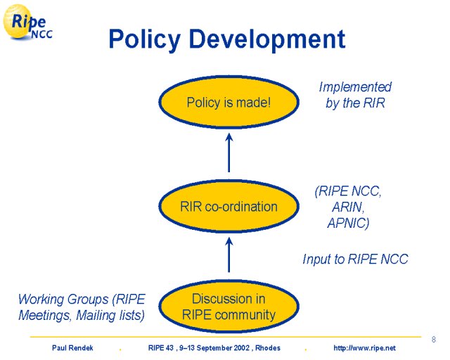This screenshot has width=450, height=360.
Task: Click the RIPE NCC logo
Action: tap(28, 22)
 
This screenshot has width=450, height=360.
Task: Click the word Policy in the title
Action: tap(145, 39)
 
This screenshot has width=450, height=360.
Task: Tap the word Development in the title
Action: tap(267, 39)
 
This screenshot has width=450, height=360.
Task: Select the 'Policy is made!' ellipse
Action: tap(229, 102)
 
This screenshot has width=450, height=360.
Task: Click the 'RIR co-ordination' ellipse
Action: tap(229, 206)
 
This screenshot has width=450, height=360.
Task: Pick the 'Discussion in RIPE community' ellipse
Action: tap(229, 307)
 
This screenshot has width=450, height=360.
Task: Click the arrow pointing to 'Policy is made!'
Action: tap(229, 153)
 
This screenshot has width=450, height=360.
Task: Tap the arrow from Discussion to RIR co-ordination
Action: tap(229, 255)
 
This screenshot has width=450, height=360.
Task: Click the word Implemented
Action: tap(355, 86)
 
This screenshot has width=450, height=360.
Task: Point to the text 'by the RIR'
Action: tap(355, 103)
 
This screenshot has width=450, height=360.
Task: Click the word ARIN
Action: tap(348, 207)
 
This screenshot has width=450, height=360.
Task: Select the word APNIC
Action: tap(348, 223)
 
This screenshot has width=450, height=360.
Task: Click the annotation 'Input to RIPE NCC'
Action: tap(355, 259)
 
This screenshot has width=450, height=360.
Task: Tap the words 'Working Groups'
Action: tap(63, 299)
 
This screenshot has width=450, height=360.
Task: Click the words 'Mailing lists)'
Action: tap(110, 315)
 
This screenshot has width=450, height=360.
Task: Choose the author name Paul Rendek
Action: tap(72, 348)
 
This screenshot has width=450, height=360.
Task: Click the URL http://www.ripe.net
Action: tap(364, 348)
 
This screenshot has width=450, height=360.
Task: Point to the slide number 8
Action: tap(434, 340)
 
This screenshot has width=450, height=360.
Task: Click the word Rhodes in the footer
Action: tap(268, 348)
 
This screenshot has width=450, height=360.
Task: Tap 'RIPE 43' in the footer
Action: tap(161, 348)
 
